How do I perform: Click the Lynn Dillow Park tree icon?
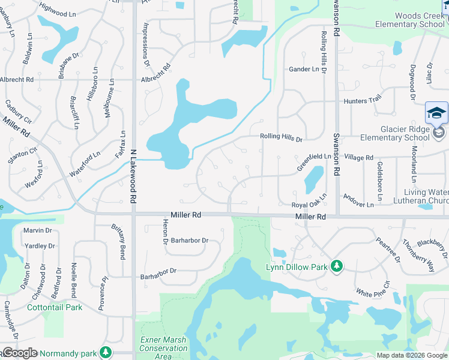click(x=337, y=266)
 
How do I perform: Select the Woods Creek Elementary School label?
click(x=411, y=20)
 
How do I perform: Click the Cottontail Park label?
click(x=55, y=307)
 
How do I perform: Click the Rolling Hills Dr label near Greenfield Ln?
click(x=281, y=138)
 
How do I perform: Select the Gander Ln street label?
click(x=304, y=70)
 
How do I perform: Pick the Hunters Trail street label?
click(x=363, y=101)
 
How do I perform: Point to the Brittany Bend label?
click(x=119, y=242)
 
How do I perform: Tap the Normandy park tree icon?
click(x=106, y=352)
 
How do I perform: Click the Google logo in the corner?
click(x=20, y=353)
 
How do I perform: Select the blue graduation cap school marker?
click(x=436, y=113)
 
